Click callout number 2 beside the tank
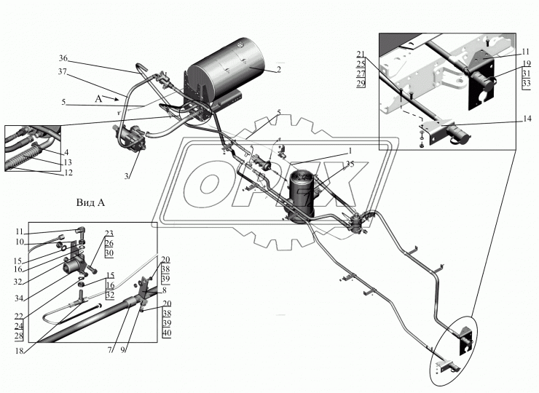pyautogui.click(x=279, y=70)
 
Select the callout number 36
pyautogui.click(x=63, y=58)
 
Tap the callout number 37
pyautogui.click(x=62, y=72)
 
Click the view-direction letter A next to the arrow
pyautogui.click(x=98, y=99)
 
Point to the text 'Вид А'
pyautogui.click(x=90, y=202)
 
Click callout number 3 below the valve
pyautogui.click(x=127, y=176)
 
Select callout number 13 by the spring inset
pyautogui.click(x=67, y=162)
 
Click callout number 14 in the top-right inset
pyautogui.click(x=527, y=119)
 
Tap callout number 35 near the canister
pyautogui.click(x=350, y=164)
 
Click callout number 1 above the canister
pyautogui.click(x=350, y=151)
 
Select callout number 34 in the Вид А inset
pyautogui.click(x=19, y=298)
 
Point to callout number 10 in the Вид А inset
pyautogui.click(x=20, y=242)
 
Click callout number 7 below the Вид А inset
pyautogui.click(x=110, y=350)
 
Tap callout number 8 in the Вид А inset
pyautogui.click(x=165, y=290)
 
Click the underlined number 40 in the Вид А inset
pyautogui.click(x=166, y=333)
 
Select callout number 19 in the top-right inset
pyautogui.click(x=527, y=63)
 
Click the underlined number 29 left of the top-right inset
pyautogui.click(x=361, y=84)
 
